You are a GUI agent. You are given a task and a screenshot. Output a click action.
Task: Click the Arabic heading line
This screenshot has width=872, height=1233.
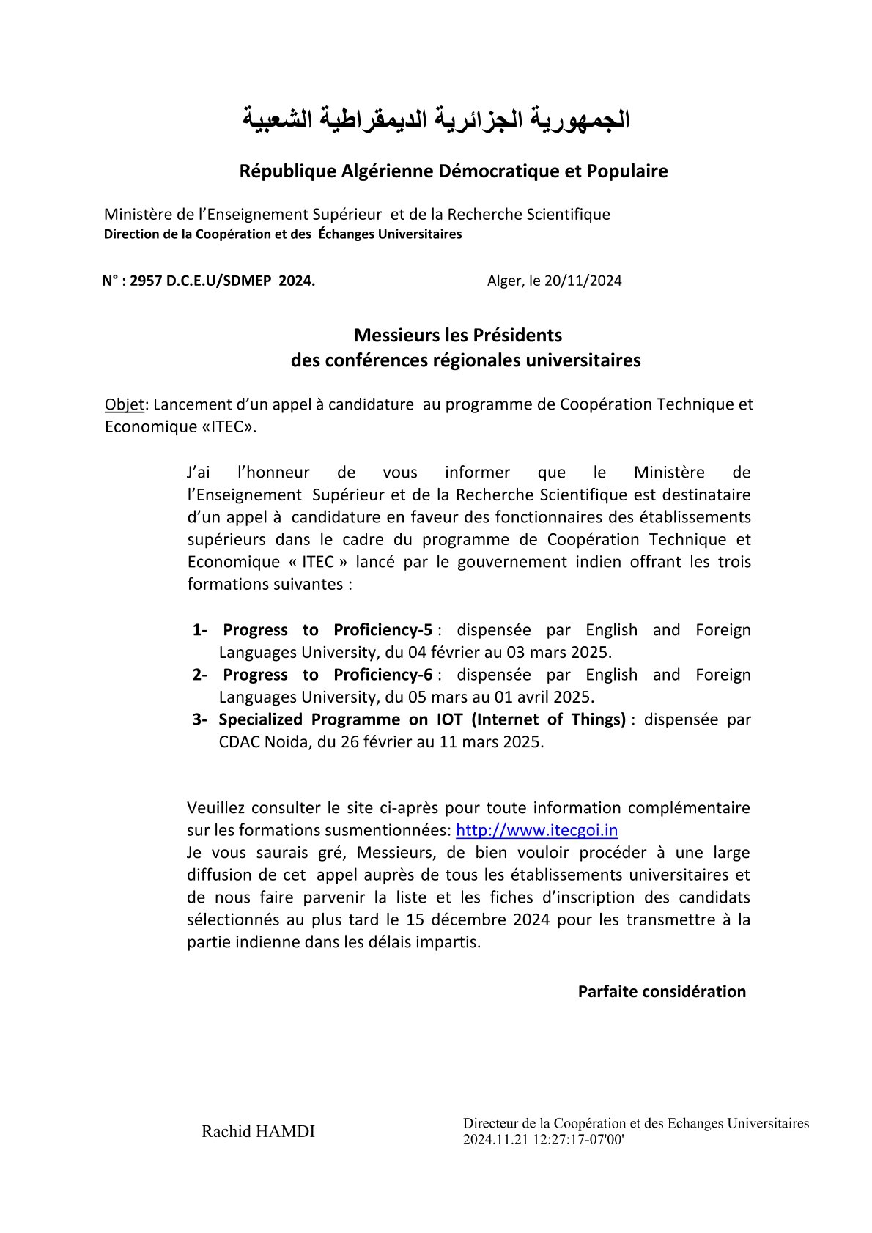436,119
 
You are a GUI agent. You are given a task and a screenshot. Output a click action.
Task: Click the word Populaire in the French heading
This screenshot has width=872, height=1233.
627,171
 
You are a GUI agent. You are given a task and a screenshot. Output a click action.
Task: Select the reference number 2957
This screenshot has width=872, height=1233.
144,281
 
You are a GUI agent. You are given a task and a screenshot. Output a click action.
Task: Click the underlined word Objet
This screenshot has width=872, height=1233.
125,404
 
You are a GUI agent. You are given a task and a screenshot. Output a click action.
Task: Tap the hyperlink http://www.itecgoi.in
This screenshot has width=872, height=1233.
536,830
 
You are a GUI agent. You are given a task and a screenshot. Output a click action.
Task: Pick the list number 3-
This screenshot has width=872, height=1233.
200,719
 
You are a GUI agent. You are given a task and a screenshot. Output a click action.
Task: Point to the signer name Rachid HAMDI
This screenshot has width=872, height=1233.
258,1132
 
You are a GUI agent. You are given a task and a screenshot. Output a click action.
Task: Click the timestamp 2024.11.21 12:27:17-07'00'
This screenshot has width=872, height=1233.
543,1140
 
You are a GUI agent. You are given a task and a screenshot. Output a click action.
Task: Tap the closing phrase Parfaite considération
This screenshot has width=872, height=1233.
662,992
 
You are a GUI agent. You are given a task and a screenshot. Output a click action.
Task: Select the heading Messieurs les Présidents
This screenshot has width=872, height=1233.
458,336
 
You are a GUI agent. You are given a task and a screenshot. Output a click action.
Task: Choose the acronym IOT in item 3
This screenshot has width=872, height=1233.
449,719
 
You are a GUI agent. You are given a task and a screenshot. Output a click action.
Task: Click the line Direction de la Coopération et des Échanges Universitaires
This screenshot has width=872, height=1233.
283,234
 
